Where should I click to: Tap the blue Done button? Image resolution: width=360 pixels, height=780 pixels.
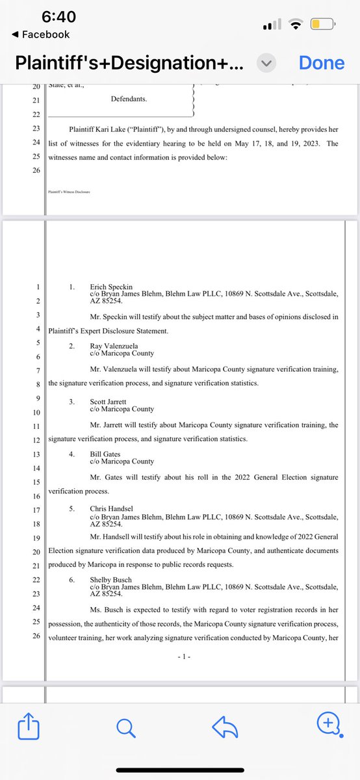(321, 62)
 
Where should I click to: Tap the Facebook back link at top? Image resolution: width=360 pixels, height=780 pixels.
(42, 34)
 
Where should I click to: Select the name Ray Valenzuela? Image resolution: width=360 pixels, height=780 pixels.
(115, 346)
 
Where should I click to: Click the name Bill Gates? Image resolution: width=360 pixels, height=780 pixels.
(105, 454)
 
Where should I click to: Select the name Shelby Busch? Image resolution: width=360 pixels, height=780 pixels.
(111, 579)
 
